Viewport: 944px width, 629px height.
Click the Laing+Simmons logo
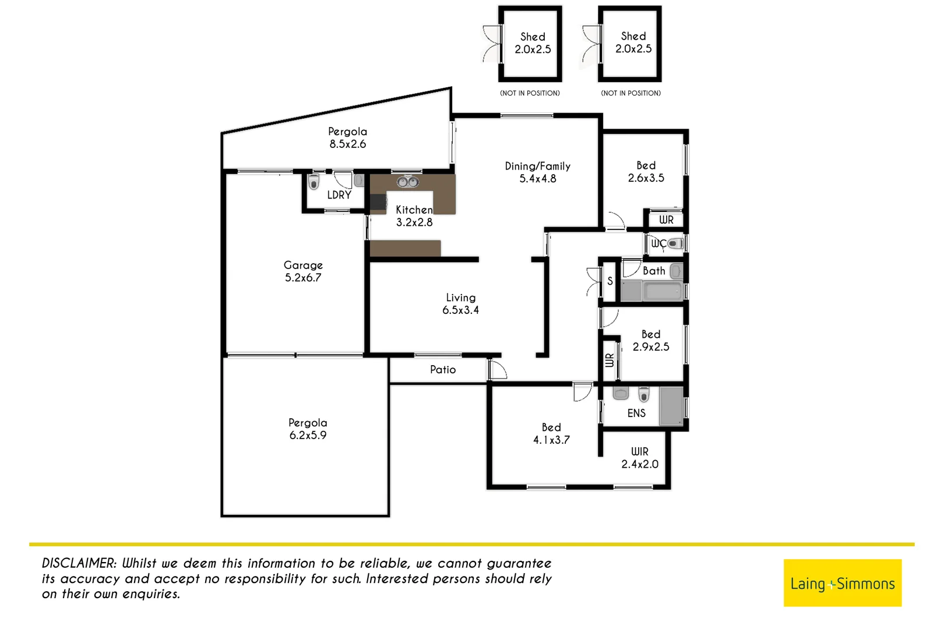pyautogui.click(x=842, y=583)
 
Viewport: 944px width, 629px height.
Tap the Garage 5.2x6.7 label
pyautogui.click(x=303, y=271)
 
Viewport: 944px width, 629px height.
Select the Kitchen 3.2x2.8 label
pyautogui.click(x=414, y=215)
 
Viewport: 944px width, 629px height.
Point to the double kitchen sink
pyautogui.click(x=408, y=182)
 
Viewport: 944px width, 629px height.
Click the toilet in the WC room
pyautogui.click(x=675, y=243)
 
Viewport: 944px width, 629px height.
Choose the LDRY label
pyautogui.click(x=339, y=195)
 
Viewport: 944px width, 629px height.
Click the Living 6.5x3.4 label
pyautogui.click(x=460, y=304)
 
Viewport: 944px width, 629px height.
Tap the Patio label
pyautogui.click(x=443, y=370)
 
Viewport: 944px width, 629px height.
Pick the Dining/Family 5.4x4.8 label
pyautogui.click(x=537, y=172)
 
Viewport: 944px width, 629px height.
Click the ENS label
pyautogui.click(x=636, y=413)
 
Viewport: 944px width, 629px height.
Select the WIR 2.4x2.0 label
pyautogui.click(x=640, y=458)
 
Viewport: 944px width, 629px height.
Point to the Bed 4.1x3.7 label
pyautogui.click(x=551, y=434)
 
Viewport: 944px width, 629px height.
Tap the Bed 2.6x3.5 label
pyautogui.click(x=646, y=172)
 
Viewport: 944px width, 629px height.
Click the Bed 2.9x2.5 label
pyautogui.click(x=651, y=341)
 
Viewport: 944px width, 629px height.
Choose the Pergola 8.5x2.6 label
pyautogui.click(x=348, y=138)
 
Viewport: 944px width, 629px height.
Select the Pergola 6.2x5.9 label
pyautogui.click(x=308, y=429)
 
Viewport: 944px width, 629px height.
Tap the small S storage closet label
pyautogui.click(x=610, y=281)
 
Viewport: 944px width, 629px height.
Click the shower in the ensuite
pyautogui.click(x=671, y=406)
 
